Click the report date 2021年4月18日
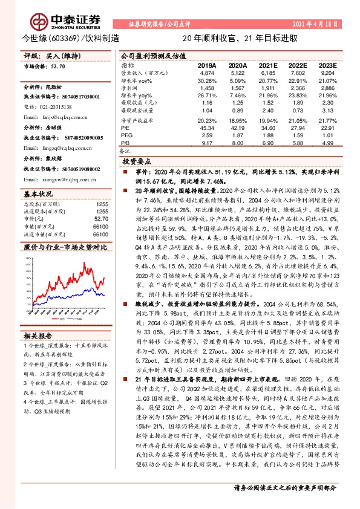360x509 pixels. click(319, 24)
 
